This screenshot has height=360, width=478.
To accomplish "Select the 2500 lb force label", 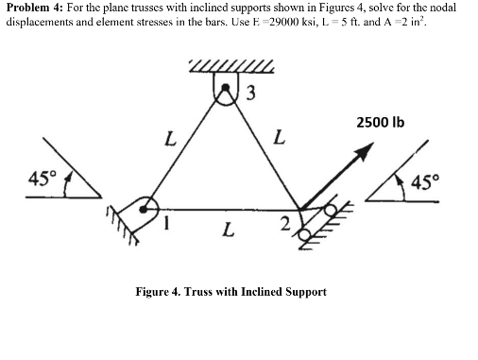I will click(x=382, y=123).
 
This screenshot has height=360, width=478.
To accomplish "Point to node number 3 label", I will click(x=249, y=93).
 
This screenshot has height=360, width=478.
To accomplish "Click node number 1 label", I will click(x=168, y=223).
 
